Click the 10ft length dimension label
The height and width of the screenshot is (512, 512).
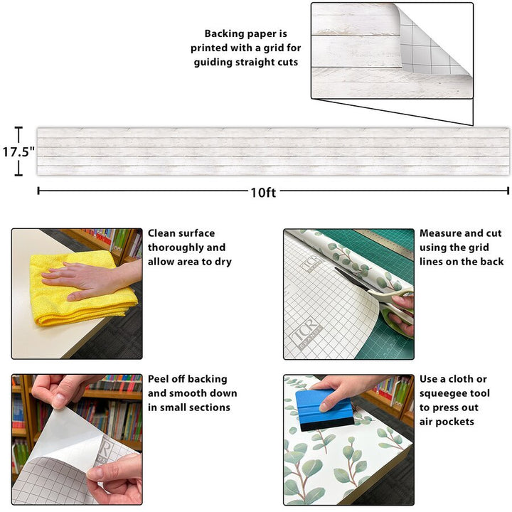pos(262,192)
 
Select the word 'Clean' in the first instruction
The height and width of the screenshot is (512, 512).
pos(164,233)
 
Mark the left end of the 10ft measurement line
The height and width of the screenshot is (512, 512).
pos(38,191)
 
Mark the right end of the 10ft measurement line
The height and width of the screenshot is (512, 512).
pos(508,191)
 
